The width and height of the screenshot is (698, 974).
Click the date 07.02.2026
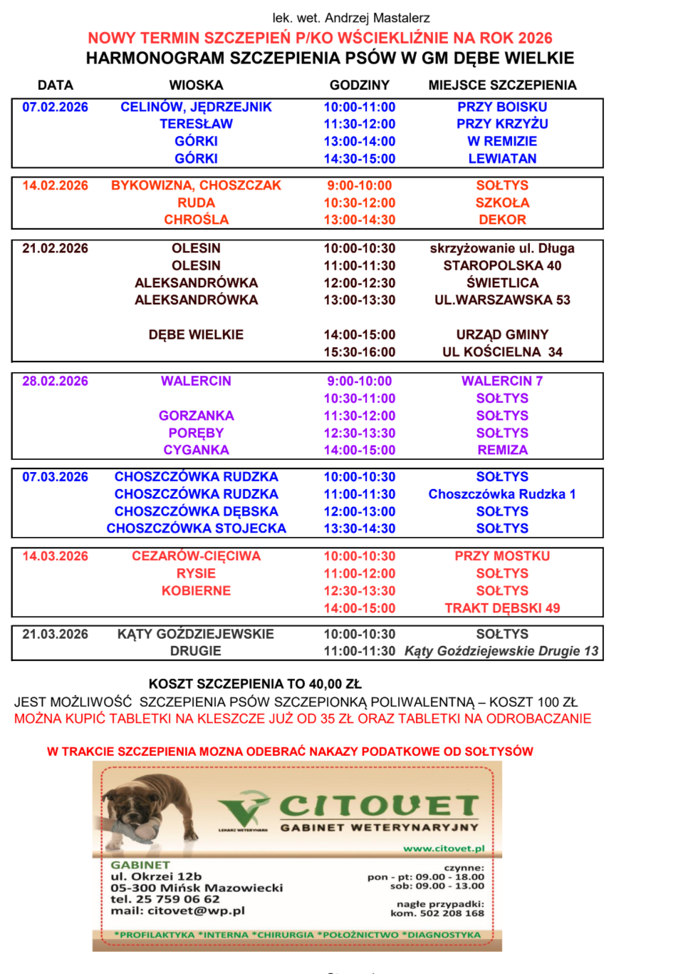click(55, 107)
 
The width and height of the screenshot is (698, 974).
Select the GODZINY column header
click(359, 85)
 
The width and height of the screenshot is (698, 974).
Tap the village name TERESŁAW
click(196, 124)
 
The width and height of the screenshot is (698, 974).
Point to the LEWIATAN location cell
click(502, 158)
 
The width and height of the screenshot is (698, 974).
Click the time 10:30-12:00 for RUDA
click(359, 203)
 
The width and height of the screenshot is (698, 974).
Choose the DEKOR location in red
click(502, 220)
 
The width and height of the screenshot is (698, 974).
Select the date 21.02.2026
click(55, 248)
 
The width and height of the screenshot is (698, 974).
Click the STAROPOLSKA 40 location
click(502, 265)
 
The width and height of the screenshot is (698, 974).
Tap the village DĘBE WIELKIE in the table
click(196, 334)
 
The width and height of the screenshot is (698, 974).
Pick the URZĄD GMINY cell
click(502, 334)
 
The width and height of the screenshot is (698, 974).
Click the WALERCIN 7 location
click(502, 381)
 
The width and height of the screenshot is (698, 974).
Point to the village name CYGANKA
click(196, 450)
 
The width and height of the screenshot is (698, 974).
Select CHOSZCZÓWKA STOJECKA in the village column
click(196, 528)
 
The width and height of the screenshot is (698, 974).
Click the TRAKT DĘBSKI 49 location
click(502, 608)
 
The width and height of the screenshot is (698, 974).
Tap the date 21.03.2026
click(55, 634)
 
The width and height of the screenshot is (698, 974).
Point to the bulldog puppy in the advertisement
click(146, 809)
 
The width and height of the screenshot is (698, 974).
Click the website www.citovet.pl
click(444, 849)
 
